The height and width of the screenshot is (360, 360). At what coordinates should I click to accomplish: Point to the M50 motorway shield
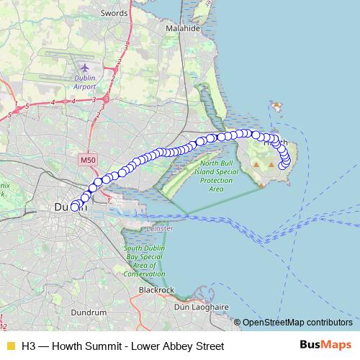pyautogui.click(x=88, y=159)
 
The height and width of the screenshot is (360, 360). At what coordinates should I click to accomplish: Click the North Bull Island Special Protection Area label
pyautogui.click(x=216, y=176)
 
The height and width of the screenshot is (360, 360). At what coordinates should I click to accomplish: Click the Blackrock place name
pyautogui.click(x=157, y=289)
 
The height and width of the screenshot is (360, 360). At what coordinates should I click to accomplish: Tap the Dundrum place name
pyautogui.click(x=89, y=312)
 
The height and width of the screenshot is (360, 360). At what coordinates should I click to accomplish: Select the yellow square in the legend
pyautogui.click(x=9, y=346)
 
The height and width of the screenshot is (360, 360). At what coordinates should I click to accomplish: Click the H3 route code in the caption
pyautogui.click(x=28, y=346)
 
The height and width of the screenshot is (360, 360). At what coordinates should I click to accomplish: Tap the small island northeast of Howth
pyautogui.click(x=276, y=105)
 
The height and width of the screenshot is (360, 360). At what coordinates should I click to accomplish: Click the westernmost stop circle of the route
pyautogui.click(x=74, y=207)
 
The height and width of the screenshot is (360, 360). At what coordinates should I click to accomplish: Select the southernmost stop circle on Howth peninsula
pyautogui.click(x=282, y=168)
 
